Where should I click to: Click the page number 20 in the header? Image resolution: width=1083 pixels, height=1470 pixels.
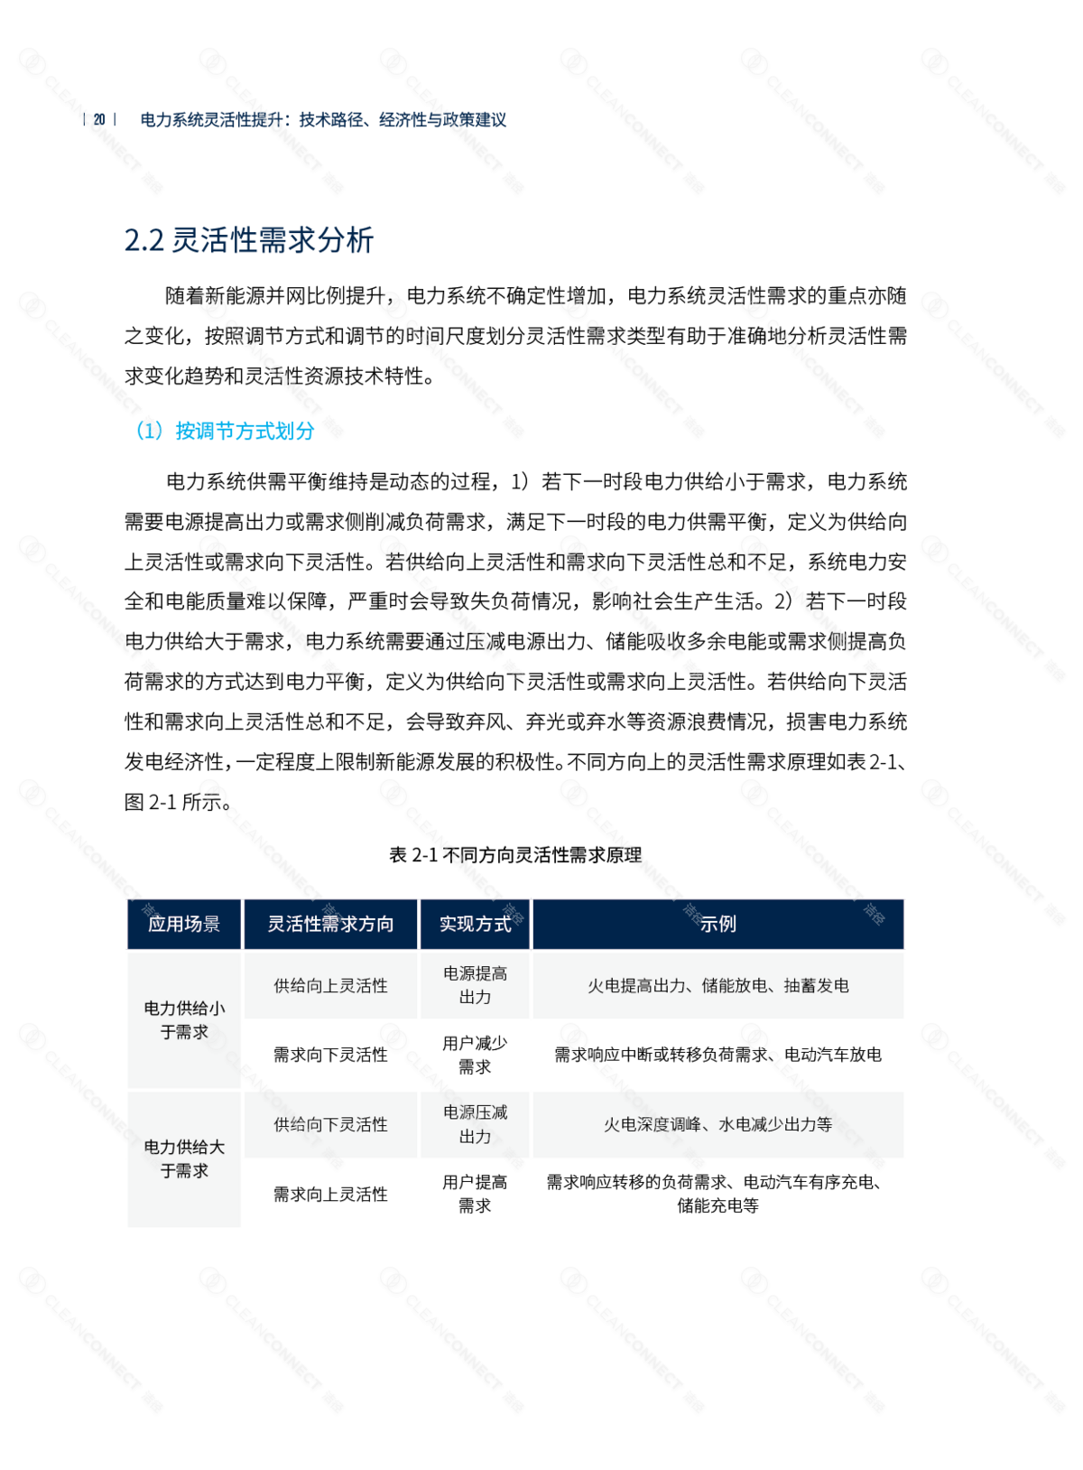click(x=99, y=119)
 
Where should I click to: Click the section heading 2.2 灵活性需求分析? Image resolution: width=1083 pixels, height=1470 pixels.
click(x=249, y=240)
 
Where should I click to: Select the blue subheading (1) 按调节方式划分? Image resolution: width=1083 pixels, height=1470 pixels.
click(x=225, y=431)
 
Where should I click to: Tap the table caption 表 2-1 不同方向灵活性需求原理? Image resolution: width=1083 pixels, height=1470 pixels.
click(x=515, y=855)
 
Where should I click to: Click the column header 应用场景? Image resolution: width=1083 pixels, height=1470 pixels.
click(x=184, y=924)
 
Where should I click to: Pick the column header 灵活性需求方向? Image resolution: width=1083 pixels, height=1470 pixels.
click(x=330, y=924)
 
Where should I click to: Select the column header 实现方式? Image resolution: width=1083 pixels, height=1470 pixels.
click(x=475, y=924)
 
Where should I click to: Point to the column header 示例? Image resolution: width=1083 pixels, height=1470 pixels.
click(x=718, y=924)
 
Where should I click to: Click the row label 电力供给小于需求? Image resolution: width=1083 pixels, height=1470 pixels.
click(x=184, y=1019)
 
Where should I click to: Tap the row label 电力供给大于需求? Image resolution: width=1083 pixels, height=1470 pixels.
click(x=184, y=1159)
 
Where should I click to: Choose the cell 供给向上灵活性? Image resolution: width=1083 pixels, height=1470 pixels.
click(x=330, y=986)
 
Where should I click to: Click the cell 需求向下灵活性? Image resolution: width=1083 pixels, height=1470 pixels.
click(x=330, y=1055)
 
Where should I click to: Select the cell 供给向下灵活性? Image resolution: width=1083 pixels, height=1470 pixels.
click(x=330, y=1125)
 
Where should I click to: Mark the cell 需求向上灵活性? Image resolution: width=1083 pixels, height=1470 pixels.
click(x=330, y=1195)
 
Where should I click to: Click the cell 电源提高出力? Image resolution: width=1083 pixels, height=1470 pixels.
click(x=475, y=986)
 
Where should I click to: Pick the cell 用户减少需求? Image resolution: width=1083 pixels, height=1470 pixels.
click(x=475, y=1055)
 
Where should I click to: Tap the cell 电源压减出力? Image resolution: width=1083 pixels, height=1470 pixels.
click(x=475, y=1125)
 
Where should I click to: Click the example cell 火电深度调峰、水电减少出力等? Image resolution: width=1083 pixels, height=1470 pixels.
click(x=718, y=1125)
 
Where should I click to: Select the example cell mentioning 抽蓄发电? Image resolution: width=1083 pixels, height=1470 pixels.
click(x=718, y=986)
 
